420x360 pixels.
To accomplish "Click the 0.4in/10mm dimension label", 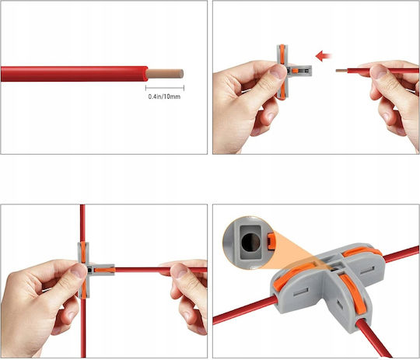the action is click(164, 96).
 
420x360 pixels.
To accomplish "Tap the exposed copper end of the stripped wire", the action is click(165, 74).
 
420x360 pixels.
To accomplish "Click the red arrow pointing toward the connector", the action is click(324, 56).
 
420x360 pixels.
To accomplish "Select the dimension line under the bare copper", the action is click(165, 88).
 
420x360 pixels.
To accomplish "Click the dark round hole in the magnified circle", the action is click(250, 242).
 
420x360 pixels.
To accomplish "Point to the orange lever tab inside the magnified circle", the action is click(271, 241).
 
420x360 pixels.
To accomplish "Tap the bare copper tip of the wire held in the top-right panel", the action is click(341, 71).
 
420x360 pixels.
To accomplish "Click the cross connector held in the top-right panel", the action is click(292, 72).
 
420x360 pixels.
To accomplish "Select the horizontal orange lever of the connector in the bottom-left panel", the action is click(104, 270).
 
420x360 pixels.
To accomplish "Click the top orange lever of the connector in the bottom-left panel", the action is click(83, 252).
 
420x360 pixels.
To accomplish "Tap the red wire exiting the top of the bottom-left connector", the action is click(82, 223).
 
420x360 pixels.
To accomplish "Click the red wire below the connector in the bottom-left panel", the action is click(83, 328).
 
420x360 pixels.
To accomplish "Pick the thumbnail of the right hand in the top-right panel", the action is click(378, 72).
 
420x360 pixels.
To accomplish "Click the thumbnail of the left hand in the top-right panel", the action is click(278, 72).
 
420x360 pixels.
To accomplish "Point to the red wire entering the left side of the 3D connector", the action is click(244, 310).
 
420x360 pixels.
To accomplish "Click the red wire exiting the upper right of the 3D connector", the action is click(401, 254).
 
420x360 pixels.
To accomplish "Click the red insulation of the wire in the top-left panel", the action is click(74, 74).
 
